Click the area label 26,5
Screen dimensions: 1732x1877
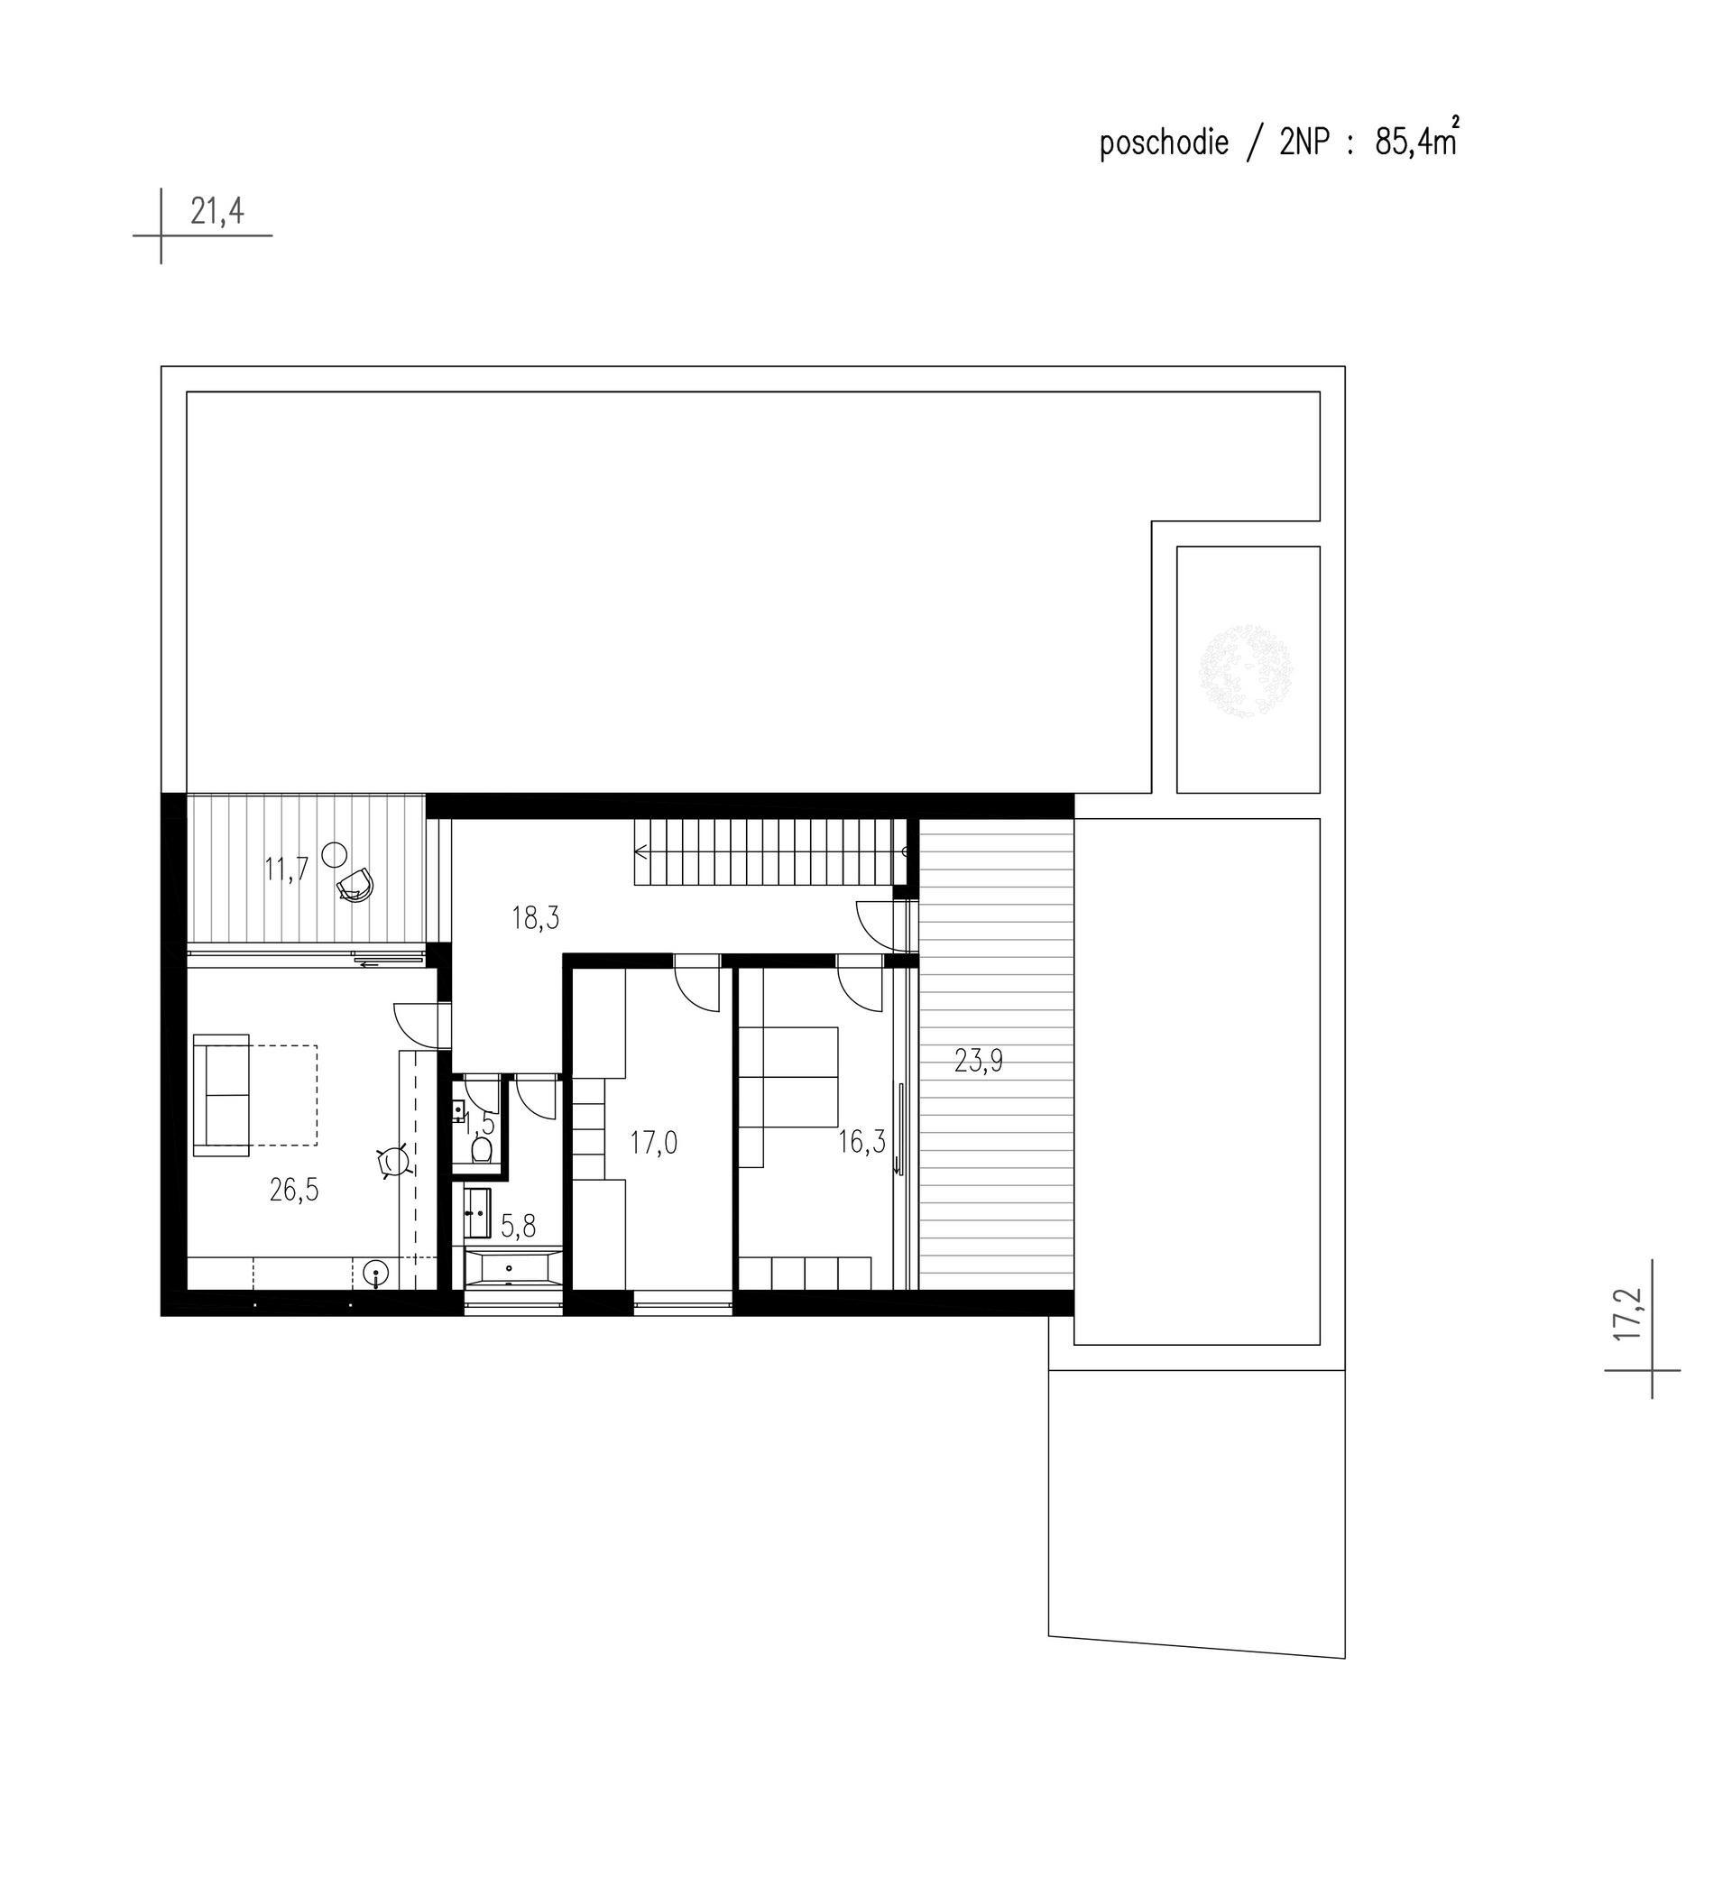click(294, 1190)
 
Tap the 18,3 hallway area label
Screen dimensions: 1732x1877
click(535, 918)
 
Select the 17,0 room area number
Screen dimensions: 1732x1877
click(653, 1144)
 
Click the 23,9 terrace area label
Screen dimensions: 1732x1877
click(979, 1061)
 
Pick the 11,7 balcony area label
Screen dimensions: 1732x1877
click(286, 869)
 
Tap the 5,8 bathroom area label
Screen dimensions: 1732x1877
click(519, 1226)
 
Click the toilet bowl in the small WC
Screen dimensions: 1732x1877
click(482, 1149)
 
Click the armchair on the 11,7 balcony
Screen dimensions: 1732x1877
click(356, 885)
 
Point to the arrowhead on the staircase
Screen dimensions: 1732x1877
click(641, 851)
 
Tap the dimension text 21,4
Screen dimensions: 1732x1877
click(217, 212)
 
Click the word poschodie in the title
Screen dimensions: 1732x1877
click(1164, 143)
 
